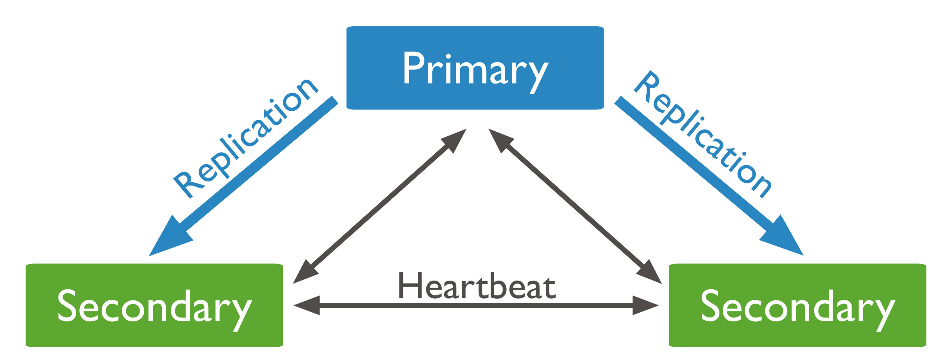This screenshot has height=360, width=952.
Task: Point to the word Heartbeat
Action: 477,286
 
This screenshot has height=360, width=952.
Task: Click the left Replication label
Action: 246,138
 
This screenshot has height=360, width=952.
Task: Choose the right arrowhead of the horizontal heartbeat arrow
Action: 646,305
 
